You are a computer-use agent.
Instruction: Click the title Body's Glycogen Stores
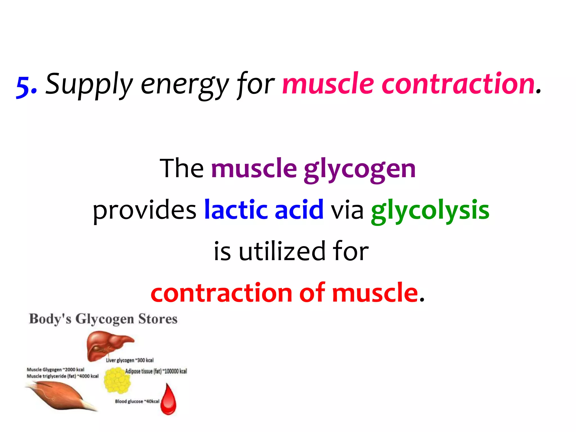tap(103, 319)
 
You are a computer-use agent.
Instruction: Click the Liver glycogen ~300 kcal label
tap(130, 360)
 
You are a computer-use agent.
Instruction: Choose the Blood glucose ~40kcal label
tap(137, 401)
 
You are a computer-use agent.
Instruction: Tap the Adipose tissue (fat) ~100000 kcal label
tap(156, 371)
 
